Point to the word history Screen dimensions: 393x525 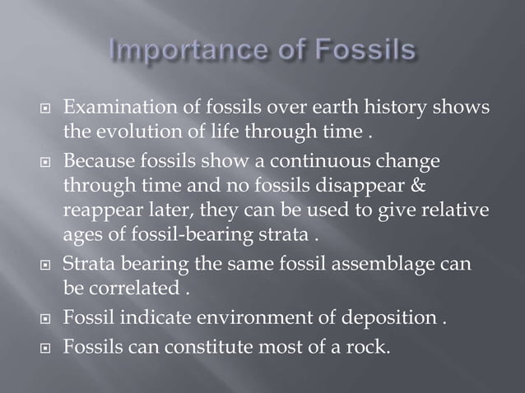pos(397,109)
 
